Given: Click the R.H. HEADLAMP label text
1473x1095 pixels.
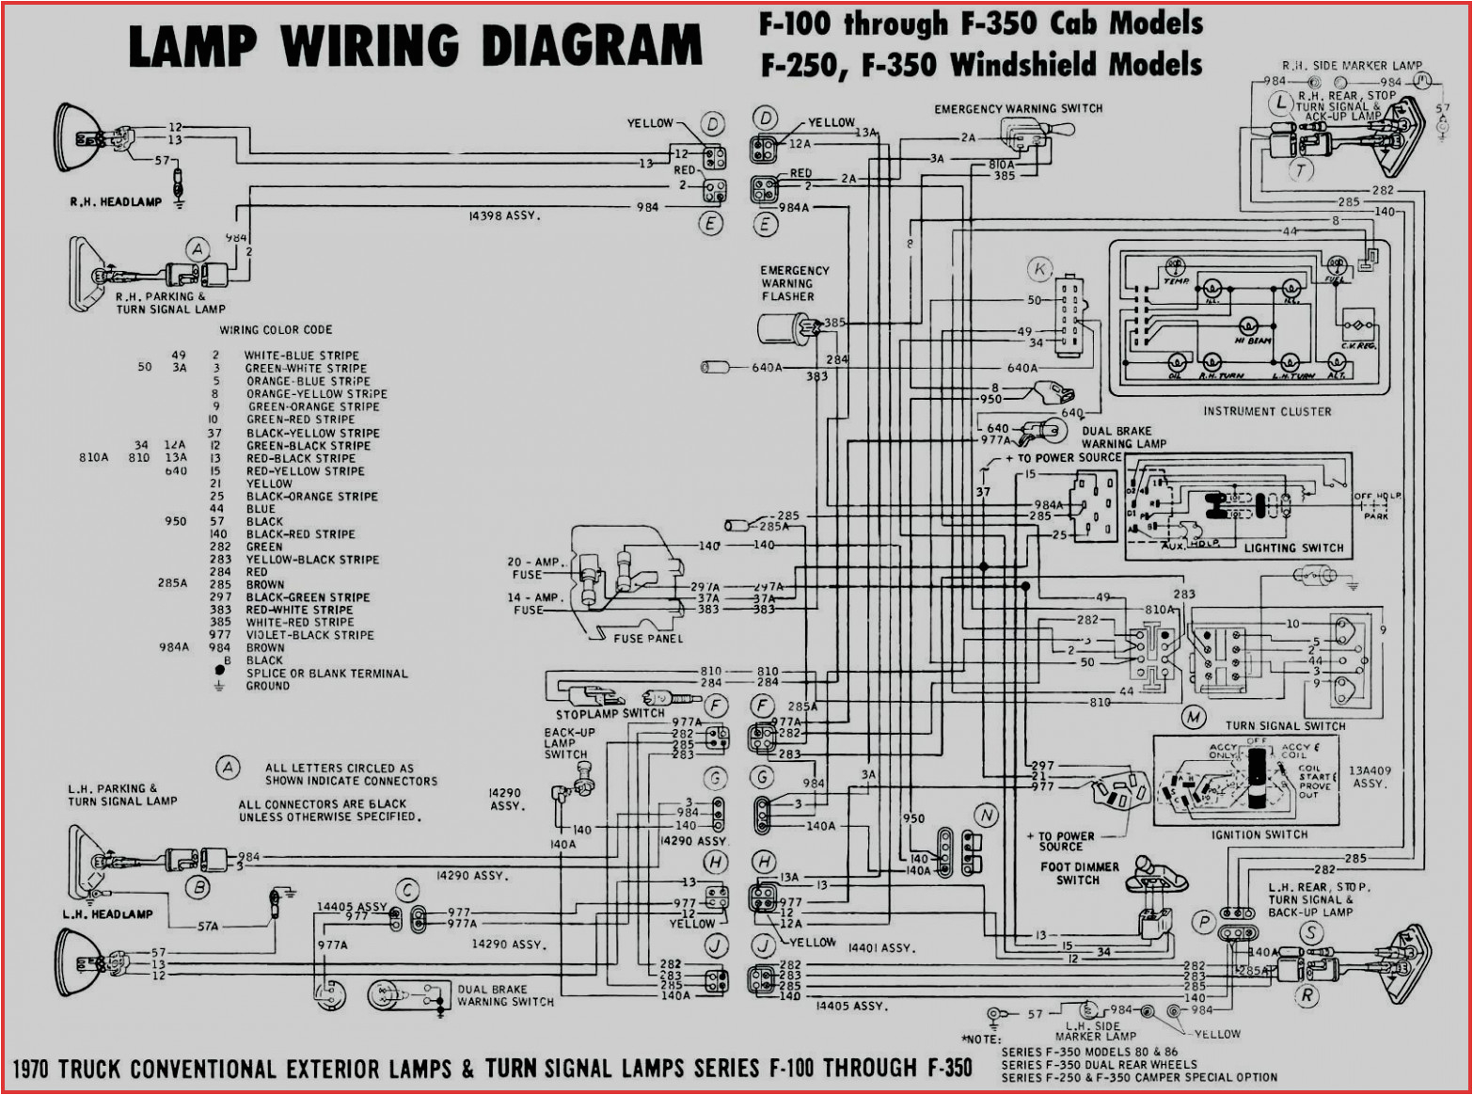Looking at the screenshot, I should click(115, 202).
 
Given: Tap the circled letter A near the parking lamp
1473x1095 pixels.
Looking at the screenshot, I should click(197, 249).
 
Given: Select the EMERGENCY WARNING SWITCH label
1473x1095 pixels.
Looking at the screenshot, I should click(1018, 109).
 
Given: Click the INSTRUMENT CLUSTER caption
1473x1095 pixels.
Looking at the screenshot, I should click(1266, 411).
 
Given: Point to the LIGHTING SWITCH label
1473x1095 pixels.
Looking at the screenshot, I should click(1293, 547).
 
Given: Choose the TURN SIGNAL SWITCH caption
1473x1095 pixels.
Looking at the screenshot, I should click(1285, 725).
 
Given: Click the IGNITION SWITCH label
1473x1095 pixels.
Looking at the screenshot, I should click(1259, 834).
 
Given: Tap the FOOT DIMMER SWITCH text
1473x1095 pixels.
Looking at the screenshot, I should click(1079, 873).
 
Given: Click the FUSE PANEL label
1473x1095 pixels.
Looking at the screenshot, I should click(648, 639).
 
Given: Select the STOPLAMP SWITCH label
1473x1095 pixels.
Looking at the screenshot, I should click(610, 713).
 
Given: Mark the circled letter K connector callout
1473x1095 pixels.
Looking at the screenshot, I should click(1039, 269).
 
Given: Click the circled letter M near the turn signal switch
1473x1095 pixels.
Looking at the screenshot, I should click(1194, 718).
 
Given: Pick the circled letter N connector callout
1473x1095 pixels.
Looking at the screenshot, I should click(986, 816).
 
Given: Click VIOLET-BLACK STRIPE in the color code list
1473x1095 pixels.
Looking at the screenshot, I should click(309, 635).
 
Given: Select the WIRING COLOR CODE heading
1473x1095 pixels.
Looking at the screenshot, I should click(276, 330).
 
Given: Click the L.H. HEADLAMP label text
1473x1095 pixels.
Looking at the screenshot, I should click(107, 913).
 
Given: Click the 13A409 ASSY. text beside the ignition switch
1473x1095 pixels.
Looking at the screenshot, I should click(1369, 776).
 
